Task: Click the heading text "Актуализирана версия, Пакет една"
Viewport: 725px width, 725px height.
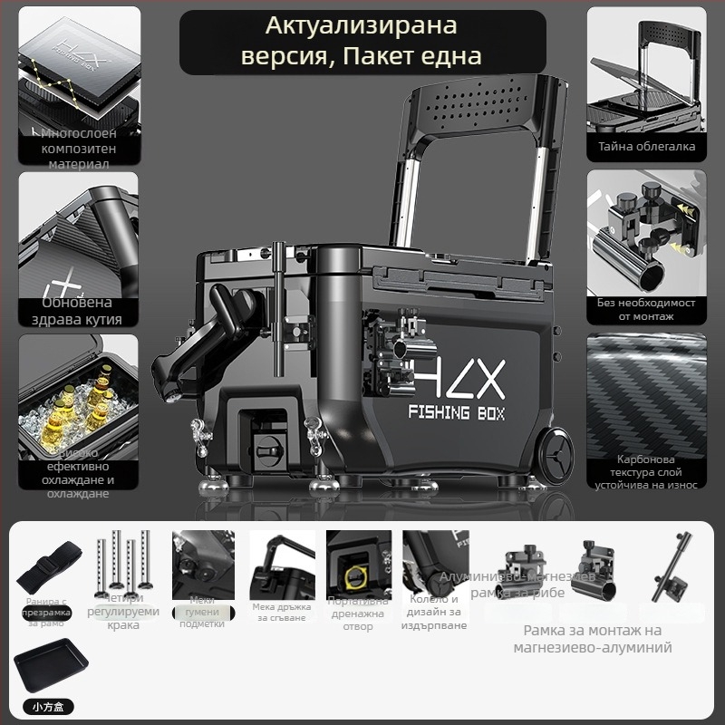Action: [362, 43]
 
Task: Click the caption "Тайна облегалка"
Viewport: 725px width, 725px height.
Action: [646, 146]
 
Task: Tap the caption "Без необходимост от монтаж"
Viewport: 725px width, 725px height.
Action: [646, 310]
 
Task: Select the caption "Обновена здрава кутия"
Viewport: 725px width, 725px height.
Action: [79, 311]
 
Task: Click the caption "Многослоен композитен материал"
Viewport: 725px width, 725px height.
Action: [79, 149]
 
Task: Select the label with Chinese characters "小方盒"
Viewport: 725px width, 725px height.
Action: [44, 707]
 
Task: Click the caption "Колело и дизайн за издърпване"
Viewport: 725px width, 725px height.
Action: [435, 612]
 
